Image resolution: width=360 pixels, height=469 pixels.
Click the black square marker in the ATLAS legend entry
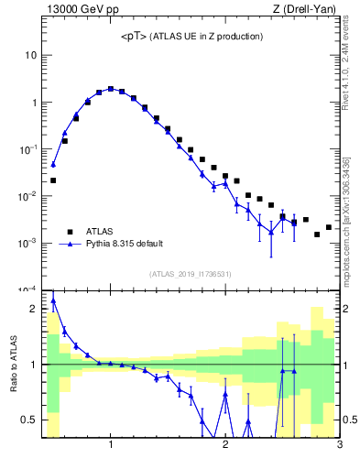pyautogui.click(x=69, y=232)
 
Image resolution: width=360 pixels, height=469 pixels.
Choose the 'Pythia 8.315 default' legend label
pyautogui.click(x=125, y=245)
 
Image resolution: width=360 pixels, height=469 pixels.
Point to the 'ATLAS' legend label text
pyautogui.click(x=100, y=232)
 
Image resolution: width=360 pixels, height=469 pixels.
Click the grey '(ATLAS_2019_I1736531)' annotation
pyautogui.click(x=191, y=274)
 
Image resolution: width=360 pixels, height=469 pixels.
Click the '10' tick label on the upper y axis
pyautogui.click(x=30, y=55)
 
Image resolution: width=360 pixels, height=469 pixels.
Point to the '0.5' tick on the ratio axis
pyautogui.click(x=27, y=420)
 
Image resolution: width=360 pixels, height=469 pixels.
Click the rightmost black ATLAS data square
pyautogui.click(x=329, y=227)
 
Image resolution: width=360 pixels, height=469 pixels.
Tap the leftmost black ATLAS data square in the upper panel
pyautogui.click(x=53, y=180)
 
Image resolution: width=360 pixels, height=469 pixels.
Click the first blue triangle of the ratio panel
pyautogui.click(x=53, y=300)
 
